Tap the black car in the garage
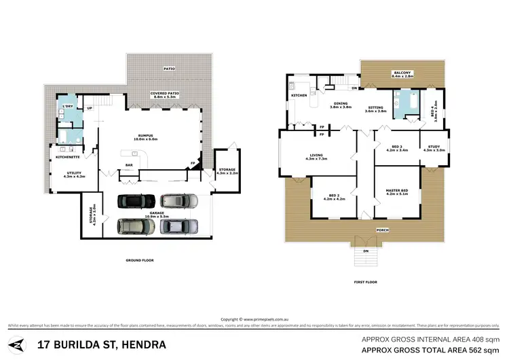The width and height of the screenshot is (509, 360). click(x=131, y=201)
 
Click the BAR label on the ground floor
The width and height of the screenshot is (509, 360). click(x=128, y=165)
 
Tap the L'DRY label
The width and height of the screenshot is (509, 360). click(x=67, y=107)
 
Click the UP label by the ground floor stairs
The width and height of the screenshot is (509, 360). click(x=89, y=107)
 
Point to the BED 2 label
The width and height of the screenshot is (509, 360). click(x=332, y=196)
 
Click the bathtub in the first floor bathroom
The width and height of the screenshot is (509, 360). click(x=407, y=103)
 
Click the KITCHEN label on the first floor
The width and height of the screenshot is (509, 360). click(x=299, y=96)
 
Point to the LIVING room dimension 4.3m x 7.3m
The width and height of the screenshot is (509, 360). click(x=318, y=159)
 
